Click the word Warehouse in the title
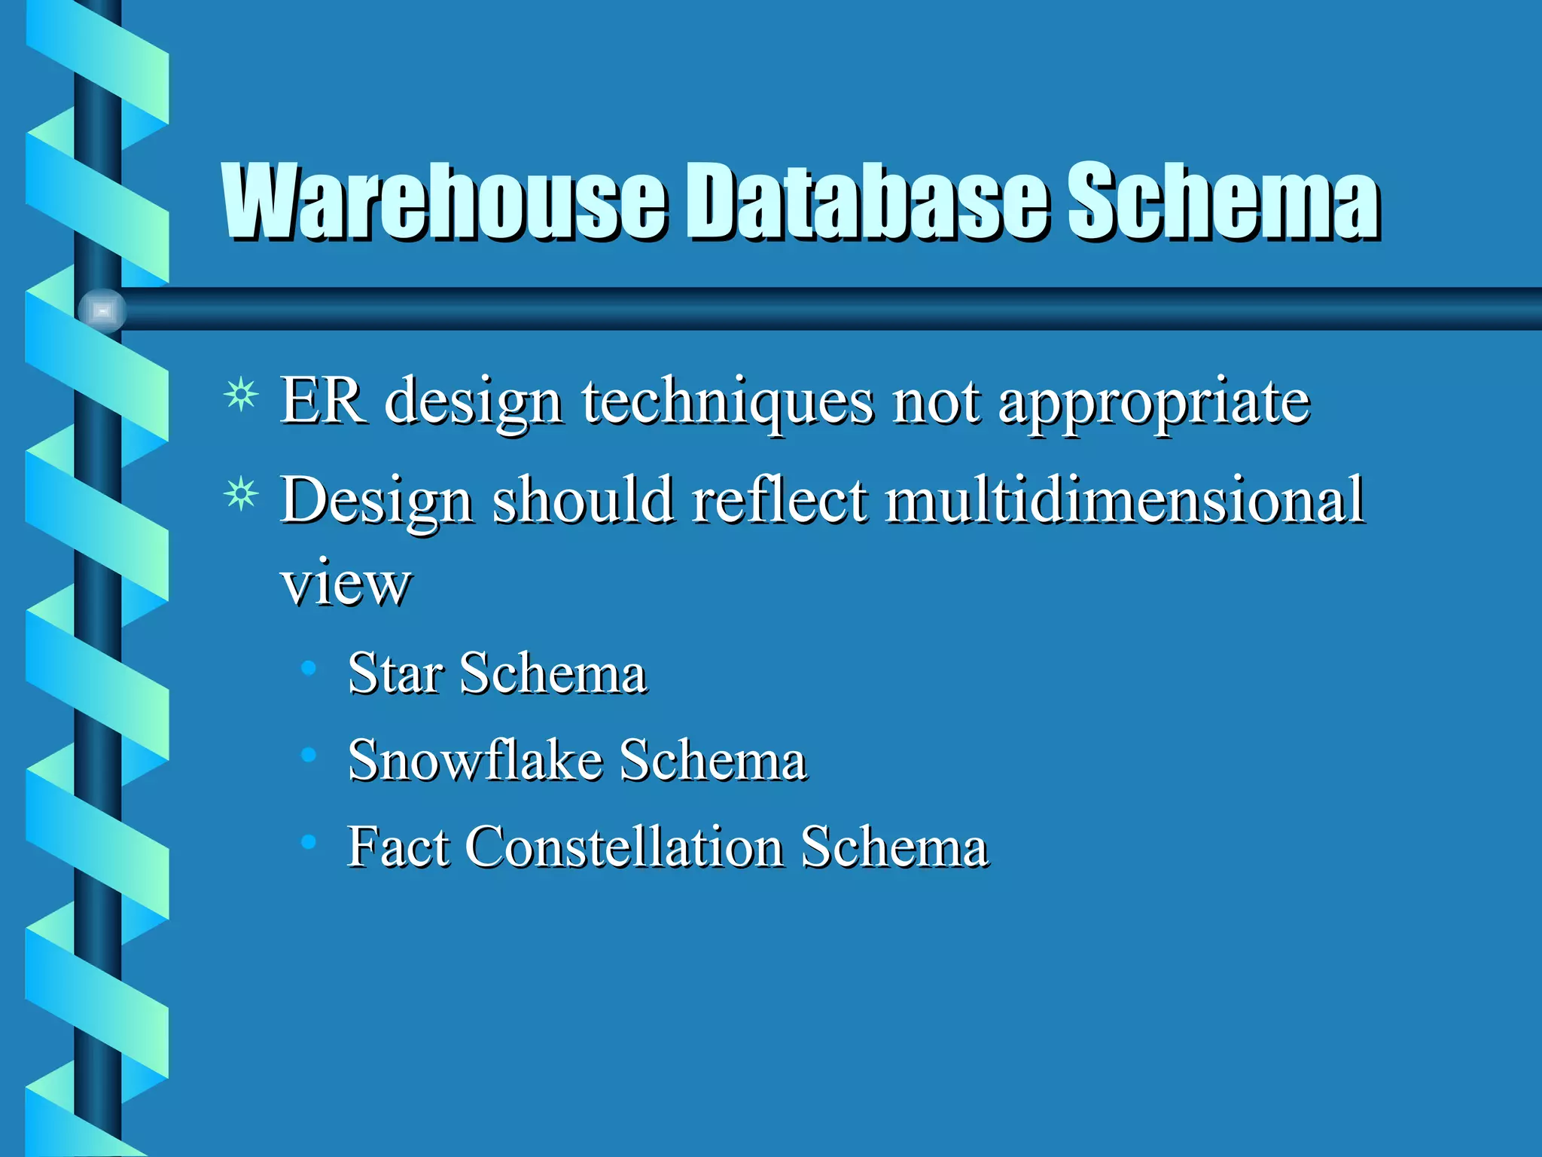point(444,202)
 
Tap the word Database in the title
point(866,202)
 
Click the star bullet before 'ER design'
point(241,395)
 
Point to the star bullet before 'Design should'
point(241,495)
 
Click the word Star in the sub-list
point(395,673)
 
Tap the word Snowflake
point(474,759)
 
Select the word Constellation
point(624,847)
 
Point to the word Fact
point(398,847)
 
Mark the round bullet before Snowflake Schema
point(308,754)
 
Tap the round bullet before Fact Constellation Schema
point(308,841)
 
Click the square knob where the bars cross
point(102,310)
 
